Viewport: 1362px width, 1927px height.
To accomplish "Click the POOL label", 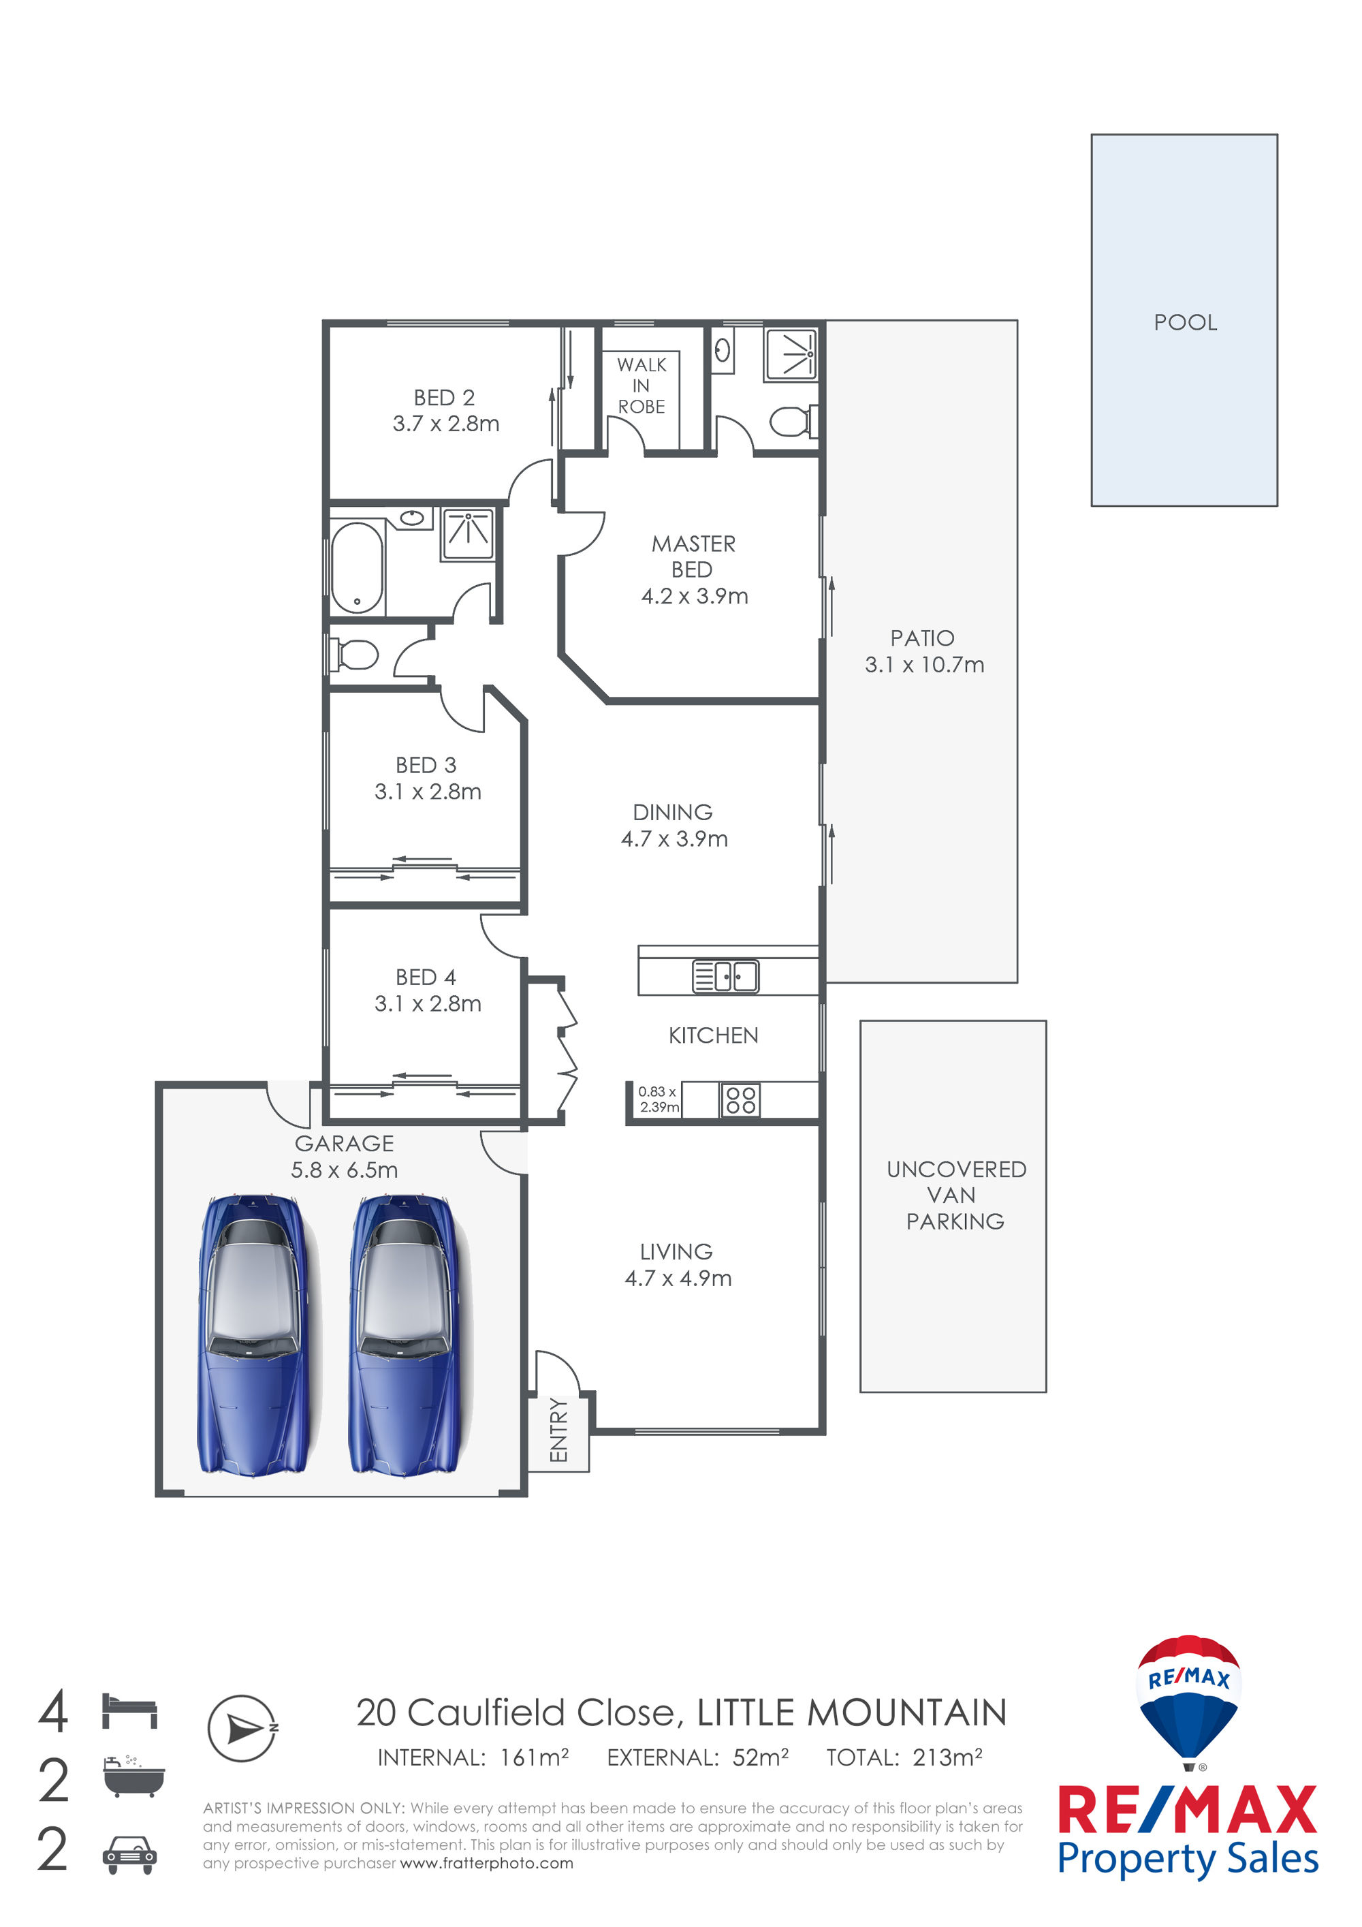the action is [x=1185, y=322].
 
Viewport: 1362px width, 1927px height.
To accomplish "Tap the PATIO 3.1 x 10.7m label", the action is [x=924, y=651].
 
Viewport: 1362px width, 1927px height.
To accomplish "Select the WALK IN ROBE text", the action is [x=642, y=386].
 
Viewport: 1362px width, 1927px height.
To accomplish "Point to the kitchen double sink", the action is [x=725, y=977].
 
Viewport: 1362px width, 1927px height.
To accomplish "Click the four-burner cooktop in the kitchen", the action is [x=740, y=1100].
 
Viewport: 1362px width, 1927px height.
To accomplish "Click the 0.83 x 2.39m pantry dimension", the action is [x=659, y=1099].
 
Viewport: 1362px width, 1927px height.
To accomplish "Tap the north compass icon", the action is [x=242, y=1728].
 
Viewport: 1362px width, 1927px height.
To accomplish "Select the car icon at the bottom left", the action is [x=129, y=1855].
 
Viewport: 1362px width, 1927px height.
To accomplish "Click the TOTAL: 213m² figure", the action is [x=904, y=1757].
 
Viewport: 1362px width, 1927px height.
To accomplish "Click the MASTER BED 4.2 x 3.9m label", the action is [x=694, y=570].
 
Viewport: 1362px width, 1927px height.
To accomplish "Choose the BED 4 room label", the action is [x=426, y=977].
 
